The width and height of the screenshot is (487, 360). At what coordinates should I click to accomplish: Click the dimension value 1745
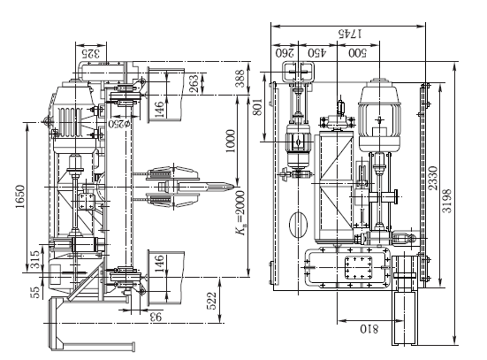pos(350,34)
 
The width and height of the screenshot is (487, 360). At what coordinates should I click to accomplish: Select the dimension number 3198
pos(447,201)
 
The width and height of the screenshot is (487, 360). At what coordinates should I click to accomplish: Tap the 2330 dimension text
pos(433,178)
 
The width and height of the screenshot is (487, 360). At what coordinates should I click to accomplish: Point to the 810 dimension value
pos(369,329)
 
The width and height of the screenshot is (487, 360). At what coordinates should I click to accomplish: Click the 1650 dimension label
pos(20,196)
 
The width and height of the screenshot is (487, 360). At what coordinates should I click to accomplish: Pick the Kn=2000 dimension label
pos(240,213)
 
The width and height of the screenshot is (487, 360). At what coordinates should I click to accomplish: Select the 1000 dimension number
pos(231,142)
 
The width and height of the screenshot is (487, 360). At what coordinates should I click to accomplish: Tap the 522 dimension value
pos(211,301)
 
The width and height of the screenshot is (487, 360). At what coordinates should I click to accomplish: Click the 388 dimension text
pos(240,79)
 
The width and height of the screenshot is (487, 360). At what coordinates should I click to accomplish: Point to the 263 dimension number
pos(194,83)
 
